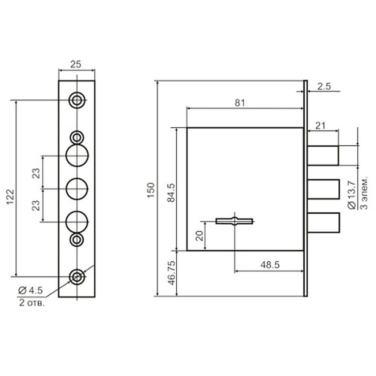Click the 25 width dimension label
click(76, 64)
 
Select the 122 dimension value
click(11, 197)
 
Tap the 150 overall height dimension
click(151, 190)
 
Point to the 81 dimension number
click(240, 103)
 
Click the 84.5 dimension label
click(171, 193)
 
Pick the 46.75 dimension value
click(172, 273)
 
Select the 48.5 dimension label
click(270, 265)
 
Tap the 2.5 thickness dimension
click(324, 86)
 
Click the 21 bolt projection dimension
click(321, 126)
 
